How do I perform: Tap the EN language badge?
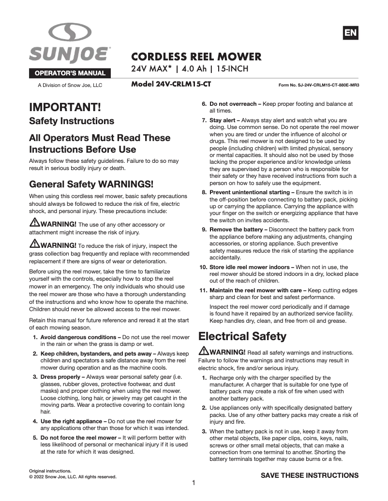(x=350, y=33)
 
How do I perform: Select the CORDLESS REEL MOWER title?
(x=196, y=57)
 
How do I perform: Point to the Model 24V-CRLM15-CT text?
(x=171, y=85)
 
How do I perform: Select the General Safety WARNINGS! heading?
(x=91, y=184)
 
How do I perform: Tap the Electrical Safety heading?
(x=242, y=336)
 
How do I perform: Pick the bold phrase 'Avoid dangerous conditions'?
(x=80, y=337)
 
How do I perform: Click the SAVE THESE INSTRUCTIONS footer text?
(x=310, y=475)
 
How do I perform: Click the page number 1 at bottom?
(x=194, y=483)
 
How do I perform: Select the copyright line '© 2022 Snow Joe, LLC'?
(x=73, y=477)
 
